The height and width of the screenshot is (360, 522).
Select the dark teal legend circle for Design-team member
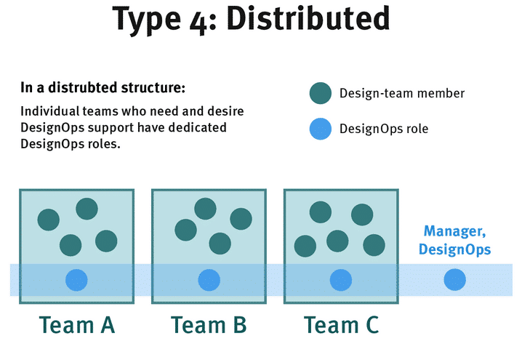click(x=320, y=93)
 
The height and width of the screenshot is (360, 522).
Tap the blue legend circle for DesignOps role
click(x=320, y=129)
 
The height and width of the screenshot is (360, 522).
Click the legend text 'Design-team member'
click(x=402, y=93)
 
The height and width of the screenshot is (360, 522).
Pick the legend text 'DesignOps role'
click(x=384, y=129)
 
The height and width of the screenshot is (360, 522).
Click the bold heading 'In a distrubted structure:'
click(x=103, y=89)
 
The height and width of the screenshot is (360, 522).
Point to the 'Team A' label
click(x=76, y=325)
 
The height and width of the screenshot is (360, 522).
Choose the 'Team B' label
click(x=209, y=325)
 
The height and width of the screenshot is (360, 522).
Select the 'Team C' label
click(x=341, y=325)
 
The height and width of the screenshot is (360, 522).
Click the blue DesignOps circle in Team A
click(x=76, y=279)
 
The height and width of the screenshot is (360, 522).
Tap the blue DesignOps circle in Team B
click(x=209, y=279)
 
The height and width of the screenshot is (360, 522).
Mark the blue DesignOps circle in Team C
click(x=340, y=279)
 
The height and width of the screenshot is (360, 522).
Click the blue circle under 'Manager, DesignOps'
click(x=454, y=279)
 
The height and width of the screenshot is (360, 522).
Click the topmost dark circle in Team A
click(x=87, y=209)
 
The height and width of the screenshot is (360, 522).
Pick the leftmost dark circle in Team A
click(x=49, y=220)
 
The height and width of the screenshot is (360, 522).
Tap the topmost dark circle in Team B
click(x=205, y=208)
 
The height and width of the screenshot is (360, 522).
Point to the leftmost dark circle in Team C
click(x=305, y=246)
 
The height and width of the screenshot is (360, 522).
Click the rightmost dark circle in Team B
click(x=241, y=219)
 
